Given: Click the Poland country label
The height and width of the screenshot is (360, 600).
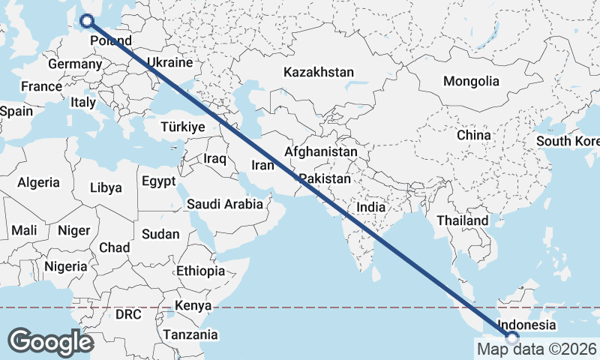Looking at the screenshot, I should tap(110, 40).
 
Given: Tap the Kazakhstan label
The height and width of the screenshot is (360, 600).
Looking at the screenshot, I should tap(318, 73).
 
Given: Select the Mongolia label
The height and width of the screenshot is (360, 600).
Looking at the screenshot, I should tap(471, 82).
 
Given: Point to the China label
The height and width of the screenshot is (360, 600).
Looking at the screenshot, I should tap(473, 135).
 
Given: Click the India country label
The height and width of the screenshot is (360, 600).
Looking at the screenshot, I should tap(370, 207).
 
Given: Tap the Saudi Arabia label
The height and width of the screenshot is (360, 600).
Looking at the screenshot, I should tap(225, 204).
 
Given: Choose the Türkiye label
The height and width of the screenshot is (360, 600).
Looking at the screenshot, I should tap(182, 127).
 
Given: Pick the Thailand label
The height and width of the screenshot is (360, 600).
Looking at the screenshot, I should tap(463, 220).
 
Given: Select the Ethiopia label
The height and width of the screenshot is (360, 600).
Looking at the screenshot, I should tap(200, 271).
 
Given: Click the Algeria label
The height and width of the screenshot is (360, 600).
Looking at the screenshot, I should tap(38, 182).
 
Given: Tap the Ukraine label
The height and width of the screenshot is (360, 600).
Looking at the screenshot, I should tap(169, 62).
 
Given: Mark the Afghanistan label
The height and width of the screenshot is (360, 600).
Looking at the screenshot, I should tap(321, 151).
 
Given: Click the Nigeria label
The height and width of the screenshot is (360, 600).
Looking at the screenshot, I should tap(66, 266).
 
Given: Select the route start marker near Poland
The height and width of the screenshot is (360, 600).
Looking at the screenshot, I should tap(87, 22).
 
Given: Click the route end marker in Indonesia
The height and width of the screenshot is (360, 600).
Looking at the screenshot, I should tap(512, 338).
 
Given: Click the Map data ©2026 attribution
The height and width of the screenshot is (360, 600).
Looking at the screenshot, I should tap(536, 349).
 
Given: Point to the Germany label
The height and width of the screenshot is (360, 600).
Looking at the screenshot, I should tap(74, 64).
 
